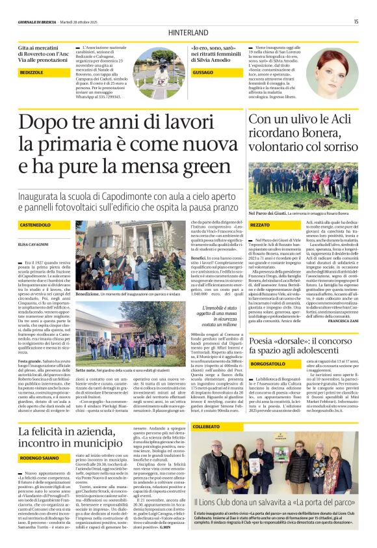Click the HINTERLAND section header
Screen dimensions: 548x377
pyautogui.click(x=188, y=31)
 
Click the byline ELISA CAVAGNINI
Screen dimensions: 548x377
pyautogui.click(x=33, y=243)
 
